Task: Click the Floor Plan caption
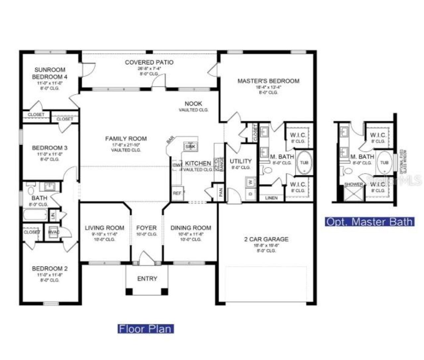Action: [x=146, y=329]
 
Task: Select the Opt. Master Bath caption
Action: [x=370, y=221]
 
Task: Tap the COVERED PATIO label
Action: [x=149, y=62]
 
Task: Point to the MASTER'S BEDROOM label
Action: [x=268, y=81]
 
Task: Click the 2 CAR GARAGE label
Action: [x=266, y=239]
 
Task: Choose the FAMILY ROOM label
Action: [x=126, y=139]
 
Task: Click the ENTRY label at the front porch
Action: [x=147, y=279]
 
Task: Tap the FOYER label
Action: [x=146, y=228]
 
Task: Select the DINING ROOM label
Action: [x=191, y=228]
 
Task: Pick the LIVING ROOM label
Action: [x=105, y=228]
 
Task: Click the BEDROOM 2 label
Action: [x=50, y=269]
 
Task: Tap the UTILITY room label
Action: [x=241, y=161]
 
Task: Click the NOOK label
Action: [x=193, y=104]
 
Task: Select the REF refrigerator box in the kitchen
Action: [x=177, y=193]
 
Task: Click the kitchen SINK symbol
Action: [x=190, y=146]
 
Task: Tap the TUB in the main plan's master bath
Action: [x=304, y=162]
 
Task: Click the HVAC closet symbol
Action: [x=54, y=232]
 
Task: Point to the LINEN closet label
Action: [x=271, y=198]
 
